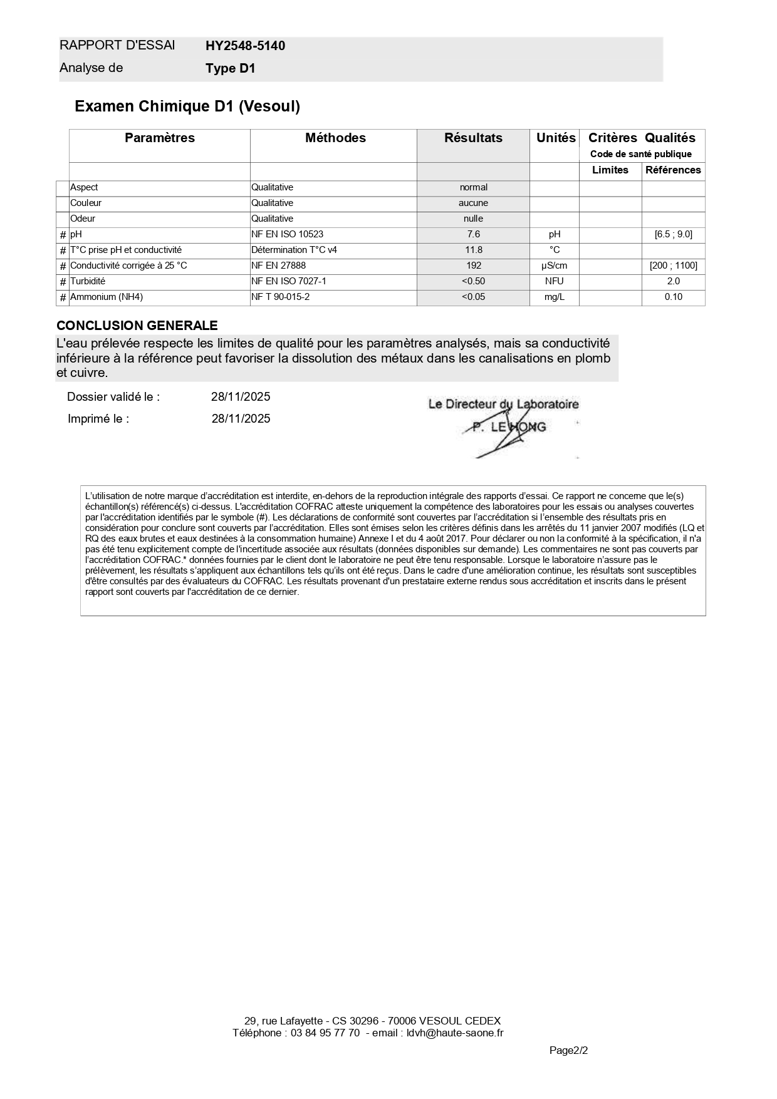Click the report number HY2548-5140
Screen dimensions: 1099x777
tap(245, 46)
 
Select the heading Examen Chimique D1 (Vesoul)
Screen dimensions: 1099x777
tap(187, 106)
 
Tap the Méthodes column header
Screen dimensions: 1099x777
tap(335, 138)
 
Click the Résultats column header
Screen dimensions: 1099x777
tap(473, 138)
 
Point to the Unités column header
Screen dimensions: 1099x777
tap(556, 138)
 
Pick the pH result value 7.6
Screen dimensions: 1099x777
tap(473, 234)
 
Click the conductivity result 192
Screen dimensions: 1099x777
tap(473, 266)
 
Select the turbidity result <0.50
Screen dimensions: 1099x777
tap(473, 281)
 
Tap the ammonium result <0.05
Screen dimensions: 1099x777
tap(473, 297)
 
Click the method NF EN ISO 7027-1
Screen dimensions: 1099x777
tap(289, 281)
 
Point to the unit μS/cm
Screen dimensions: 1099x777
tap(554, 266)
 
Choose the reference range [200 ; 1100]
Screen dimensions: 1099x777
tap(673, 266)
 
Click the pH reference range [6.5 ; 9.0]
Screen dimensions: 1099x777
tap(673, 234)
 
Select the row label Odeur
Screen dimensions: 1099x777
tap(83, 219)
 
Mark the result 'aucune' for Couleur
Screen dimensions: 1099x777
tap(473, 203)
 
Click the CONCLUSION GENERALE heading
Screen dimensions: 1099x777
tap(137, 326)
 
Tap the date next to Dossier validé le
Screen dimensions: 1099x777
tap(241, 396)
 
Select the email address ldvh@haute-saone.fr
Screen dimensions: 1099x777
tap(455, 1033)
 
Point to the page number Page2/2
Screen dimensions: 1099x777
tap(568, 1050)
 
